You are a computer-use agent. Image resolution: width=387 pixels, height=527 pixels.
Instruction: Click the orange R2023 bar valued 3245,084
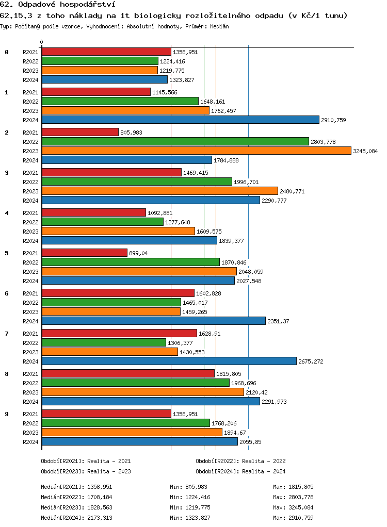pyautogui.click(x=196, y=151)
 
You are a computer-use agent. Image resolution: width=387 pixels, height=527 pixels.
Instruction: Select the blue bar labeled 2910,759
pyautogui.click(x=180, y=120)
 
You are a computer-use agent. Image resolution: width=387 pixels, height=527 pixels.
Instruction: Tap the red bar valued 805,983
pyautogui.click(x=80, y=132)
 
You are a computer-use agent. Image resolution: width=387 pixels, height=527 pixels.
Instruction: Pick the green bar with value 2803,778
pyautogui.click(x=175, y=141)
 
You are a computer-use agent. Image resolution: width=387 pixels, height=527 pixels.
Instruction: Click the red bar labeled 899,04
pyautogui.click(x=84, y=253)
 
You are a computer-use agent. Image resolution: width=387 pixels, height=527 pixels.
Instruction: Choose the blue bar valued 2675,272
pyautogui.click(x=169, y=361)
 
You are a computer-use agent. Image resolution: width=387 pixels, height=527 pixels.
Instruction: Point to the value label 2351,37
pyautogui.click(x=278, y=321)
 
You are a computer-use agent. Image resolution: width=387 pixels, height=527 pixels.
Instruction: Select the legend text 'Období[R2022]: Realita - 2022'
pyautogui.click(x=240, y=461)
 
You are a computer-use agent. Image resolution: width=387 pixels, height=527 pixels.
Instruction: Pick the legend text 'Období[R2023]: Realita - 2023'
pyautogui.click(x=86, y=471)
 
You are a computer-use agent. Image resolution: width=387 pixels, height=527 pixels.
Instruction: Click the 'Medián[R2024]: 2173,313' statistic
pyautogui.click(x=76, y=518)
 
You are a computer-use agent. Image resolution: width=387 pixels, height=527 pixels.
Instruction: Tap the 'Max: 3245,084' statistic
pyautogui.click(x=293, y=507)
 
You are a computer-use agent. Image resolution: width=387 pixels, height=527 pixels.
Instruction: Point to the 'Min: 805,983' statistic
pyautogui.click(x=188, y=487)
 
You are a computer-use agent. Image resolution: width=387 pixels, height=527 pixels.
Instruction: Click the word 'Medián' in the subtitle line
pyautogui.click(x=220, y=26)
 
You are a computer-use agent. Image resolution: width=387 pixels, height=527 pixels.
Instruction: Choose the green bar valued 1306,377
pyautogui.click(x=104, y=342)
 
